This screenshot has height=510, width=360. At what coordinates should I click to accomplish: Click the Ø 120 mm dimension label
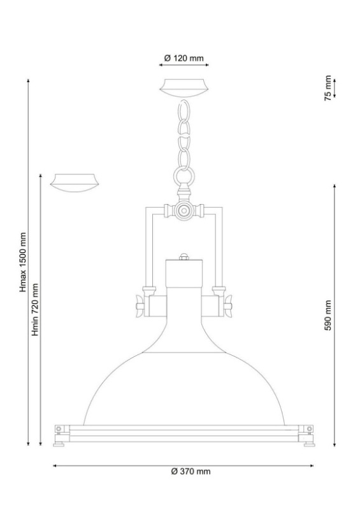[x=184, y=58]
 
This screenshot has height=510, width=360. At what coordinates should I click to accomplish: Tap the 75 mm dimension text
[x=328, y=88]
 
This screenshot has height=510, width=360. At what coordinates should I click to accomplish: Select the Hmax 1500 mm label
[x=23, y=262]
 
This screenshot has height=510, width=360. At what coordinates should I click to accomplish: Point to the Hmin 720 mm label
[x=35, y=310]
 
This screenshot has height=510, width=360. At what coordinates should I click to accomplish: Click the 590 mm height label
[x=328, y=315]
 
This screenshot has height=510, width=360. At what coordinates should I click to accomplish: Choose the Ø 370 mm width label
[x=191, y=471]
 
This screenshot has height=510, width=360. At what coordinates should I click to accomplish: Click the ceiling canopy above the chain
[x=184, y=88]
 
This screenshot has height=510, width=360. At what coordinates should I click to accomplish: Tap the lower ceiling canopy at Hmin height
[x=75, y=183]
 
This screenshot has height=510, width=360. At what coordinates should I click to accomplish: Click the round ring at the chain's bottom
[x=184, y=176]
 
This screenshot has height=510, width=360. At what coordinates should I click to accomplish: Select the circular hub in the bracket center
[x=184, y=210]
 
